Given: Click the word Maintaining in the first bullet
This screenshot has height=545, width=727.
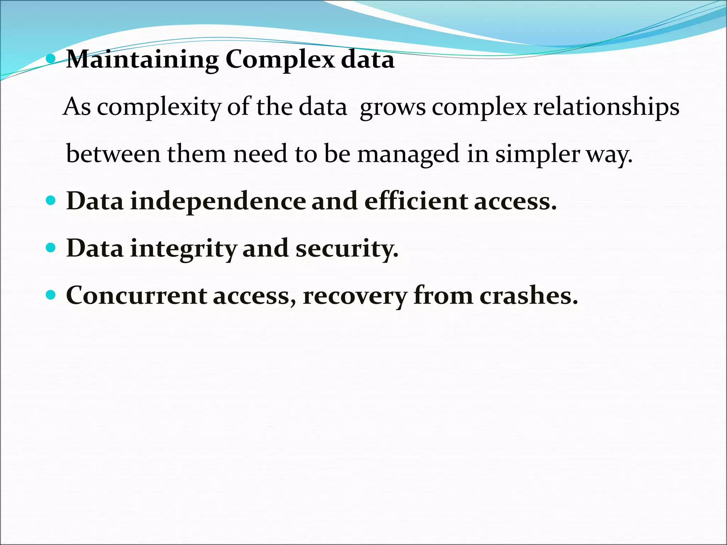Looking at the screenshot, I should pos(142,60).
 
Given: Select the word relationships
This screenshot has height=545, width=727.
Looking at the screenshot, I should pos(606,107).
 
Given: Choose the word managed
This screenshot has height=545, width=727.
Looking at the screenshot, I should pos(408,155).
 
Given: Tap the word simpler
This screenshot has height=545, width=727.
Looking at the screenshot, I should pos(537,155).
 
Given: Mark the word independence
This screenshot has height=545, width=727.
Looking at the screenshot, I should pos(218,201).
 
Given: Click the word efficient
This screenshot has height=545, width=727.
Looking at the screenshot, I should pos(416,201).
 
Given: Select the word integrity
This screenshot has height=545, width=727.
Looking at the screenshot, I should pos(183,248).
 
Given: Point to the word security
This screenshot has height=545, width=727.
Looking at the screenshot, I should pos(347,248).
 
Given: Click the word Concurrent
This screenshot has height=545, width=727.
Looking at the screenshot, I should pos(137,295).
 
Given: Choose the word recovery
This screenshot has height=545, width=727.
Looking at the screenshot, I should pos(355,296).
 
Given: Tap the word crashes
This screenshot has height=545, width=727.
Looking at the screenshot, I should pos(529,295).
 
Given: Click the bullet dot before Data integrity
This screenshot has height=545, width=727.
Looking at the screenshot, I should pos(51,247).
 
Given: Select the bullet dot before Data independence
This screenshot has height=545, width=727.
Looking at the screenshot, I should pos(51,200).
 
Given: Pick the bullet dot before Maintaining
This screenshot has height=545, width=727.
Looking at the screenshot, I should pos(51,59).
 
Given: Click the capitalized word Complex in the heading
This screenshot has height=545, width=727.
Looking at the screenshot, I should pos(280,60).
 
